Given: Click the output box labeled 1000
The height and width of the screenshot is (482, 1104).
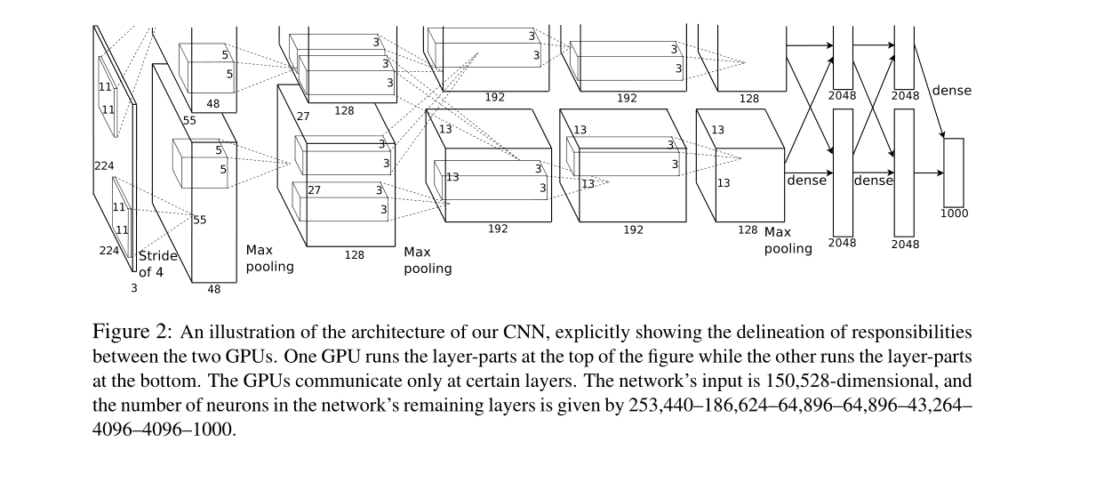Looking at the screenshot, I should point(953,172).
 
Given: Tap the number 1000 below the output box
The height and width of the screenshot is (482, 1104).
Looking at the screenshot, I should point(954,213).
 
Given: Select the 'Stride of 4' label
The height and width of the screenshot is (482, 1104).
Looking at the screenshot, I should point(157,264).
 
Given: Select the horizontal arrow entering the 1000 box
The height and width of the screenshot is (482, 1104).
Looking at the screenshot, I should point(928,173).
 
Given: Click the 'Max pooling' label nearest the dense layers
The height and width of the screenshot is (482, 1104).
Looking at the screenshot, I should point(788,241).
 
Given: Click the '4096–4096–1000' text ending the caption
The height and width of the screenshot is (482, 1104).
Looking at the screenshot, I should point(164,429).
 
